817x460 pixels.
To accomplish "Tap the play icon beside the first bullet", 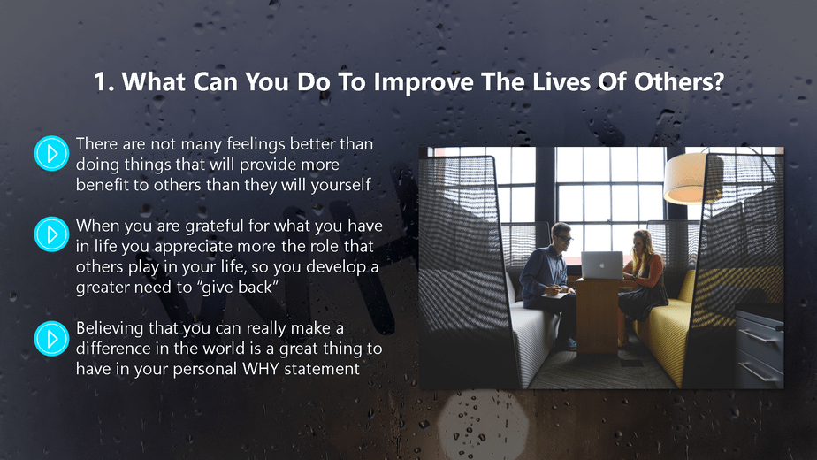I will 51,153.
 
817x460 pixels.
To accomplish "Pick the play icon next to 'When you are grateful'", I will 51,234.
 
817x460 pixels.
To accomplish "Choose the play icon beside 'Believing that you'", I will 51,338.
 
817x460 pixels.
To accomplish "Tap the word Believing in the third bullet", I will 111,328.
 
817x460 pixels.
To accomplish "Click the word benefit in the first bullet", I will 101,185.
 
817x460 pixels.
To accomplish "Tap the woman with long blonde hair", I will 645,274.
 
